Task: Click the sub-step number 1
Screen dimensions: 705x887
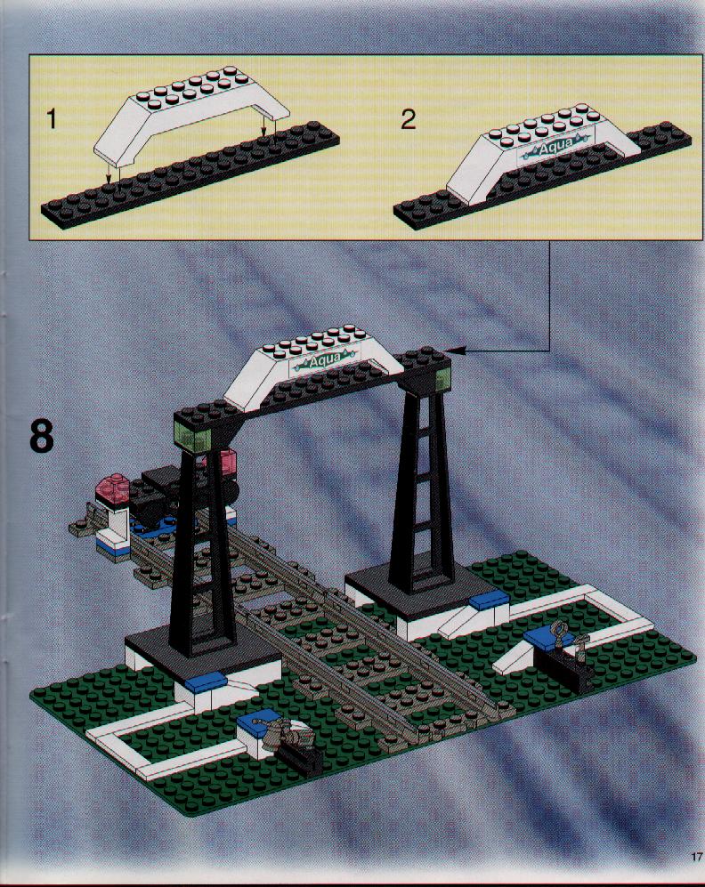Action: pos(52,119)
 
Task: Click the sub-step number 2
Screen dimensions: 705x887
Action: pos(408,119)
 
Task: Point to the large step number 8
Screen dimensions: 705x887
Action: pos(41,436)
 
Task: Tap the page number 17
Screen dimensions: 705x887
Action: pos(696,857)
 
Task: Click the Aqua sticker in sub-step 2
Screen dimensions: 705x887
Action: pos(556,149)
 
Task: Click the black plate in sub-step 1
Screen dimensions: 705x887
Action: pos(190,175)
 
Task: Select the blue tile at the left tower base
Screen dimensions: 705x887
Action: pos(205,681)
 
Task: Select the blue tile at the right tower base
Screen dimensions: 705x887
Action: pos(490,601)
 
